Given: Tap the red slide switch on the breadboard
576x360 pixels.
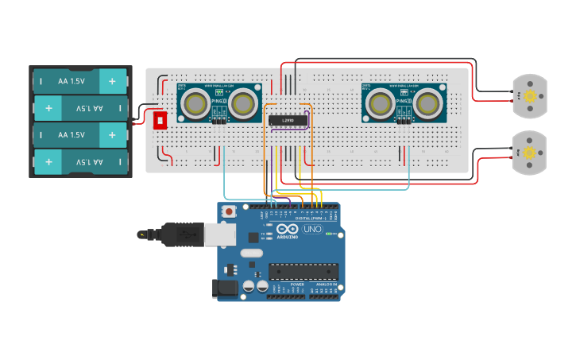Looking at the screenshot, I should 160,120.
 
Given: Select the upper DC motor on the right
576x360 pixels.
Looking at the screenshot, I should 528,95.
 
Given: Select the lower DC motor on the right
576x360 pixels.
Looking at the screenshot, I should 528,151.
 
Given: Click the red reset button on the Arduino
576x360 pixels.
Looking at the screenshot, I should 230,211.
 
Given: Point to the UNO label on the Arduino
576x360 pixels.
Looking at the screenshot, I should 312,229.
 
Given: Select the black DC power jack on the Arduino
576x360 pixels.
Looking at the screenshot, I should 226,288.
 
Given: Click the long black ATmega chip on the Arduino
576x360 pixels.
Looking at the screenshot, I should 303,272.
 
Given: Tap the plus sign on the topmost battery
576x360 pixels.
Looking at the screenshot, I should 112,80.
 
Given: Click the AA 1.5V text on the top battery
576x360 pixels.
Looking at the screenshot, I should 72,80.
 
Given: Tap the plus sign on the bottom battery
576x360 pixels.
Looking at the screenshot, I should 49,162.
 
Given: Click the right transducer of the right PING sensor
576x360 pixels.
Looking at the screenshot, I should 428,103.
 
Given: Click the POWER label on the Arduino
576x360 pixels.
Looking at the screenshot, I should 297,284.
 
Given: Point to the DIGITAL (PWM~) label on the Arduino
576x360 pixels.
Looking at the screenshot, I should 314,218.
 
